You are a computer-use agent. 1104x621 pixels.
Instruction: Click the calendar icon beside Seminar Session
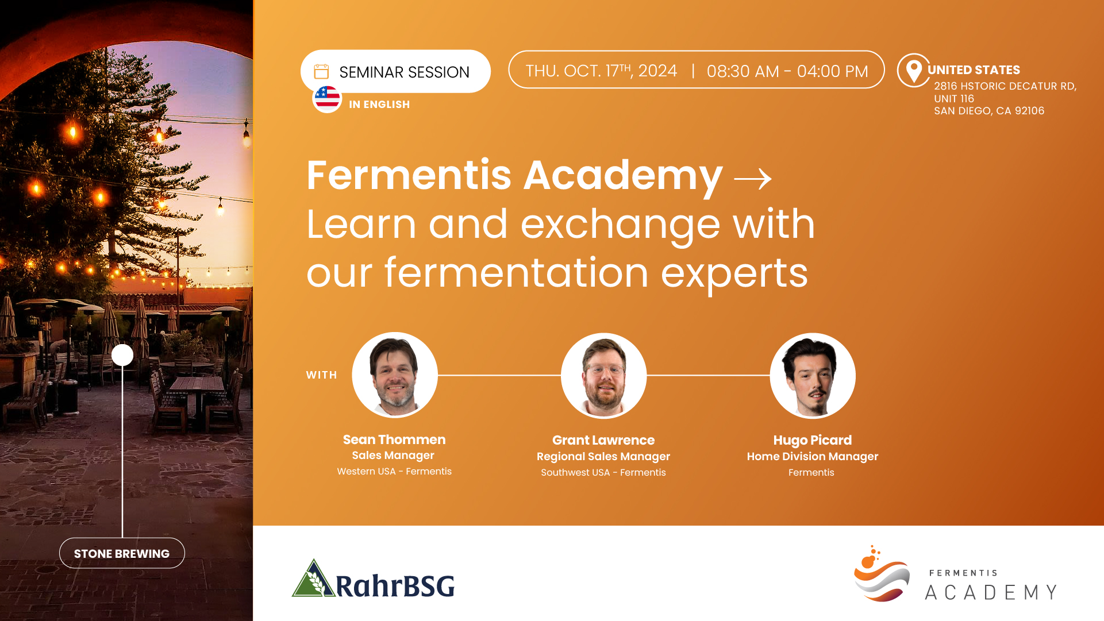coord(321,72)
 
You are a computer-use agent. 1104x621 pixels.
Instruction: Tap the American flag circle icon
coord(327,98)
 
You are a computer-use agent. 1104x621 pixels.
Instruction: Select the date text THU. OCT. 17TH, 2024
coord(601,71)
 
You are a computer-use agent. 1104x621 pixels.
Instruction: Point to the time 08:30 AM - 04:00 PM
coord(787,71)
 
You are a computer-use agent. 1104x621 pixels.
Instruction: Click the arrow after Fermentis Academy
coord(753,179)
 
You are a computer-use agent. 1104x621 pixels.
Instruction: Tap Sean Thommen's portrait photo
coord(395,375)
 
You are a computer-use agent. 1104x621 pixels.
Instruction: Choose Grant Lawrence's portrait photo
coord(603,376)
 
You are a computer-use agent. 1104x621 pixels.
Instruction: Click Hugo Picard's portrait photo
coord(813,376)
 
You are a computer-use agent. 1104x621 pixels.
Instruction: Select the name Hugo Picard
coord(813,440)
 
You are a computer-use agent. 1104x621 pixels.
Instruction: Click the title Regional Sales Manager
coord(603,456)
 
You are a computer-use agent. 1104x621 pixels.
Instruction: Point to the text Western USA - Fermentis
coord(394,471)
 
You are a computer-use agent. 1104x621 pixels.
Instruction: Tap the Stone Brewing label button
coord(122,553)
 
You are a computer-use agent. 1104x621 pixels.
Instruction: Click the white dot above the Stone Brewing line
coord(122,355)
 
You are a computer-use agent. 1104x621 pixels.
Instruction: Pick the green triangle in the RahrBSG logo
coord(313,578)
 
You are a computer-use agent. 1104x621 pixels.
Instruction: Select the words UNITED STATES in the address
coord(974,70)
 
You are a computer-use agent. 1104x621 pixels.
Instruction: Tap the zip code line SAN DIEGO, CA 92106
coord(989,111)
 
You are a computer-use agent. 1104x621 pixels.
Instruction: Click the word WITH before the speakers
coord(321,375)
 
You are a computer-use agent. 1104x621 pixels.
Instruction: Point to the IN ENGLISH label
coord(379,105)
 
